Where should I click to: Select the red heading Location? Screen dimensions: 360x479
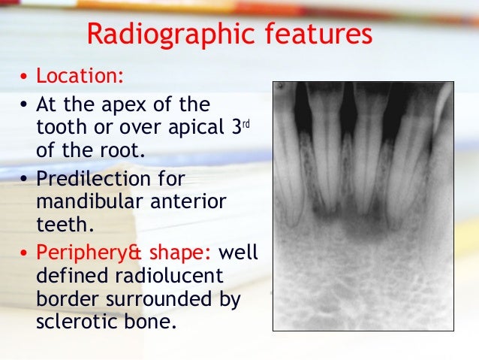click(81, 77)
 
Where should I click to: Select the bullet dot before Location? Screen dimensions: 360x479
click(24, 78)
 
